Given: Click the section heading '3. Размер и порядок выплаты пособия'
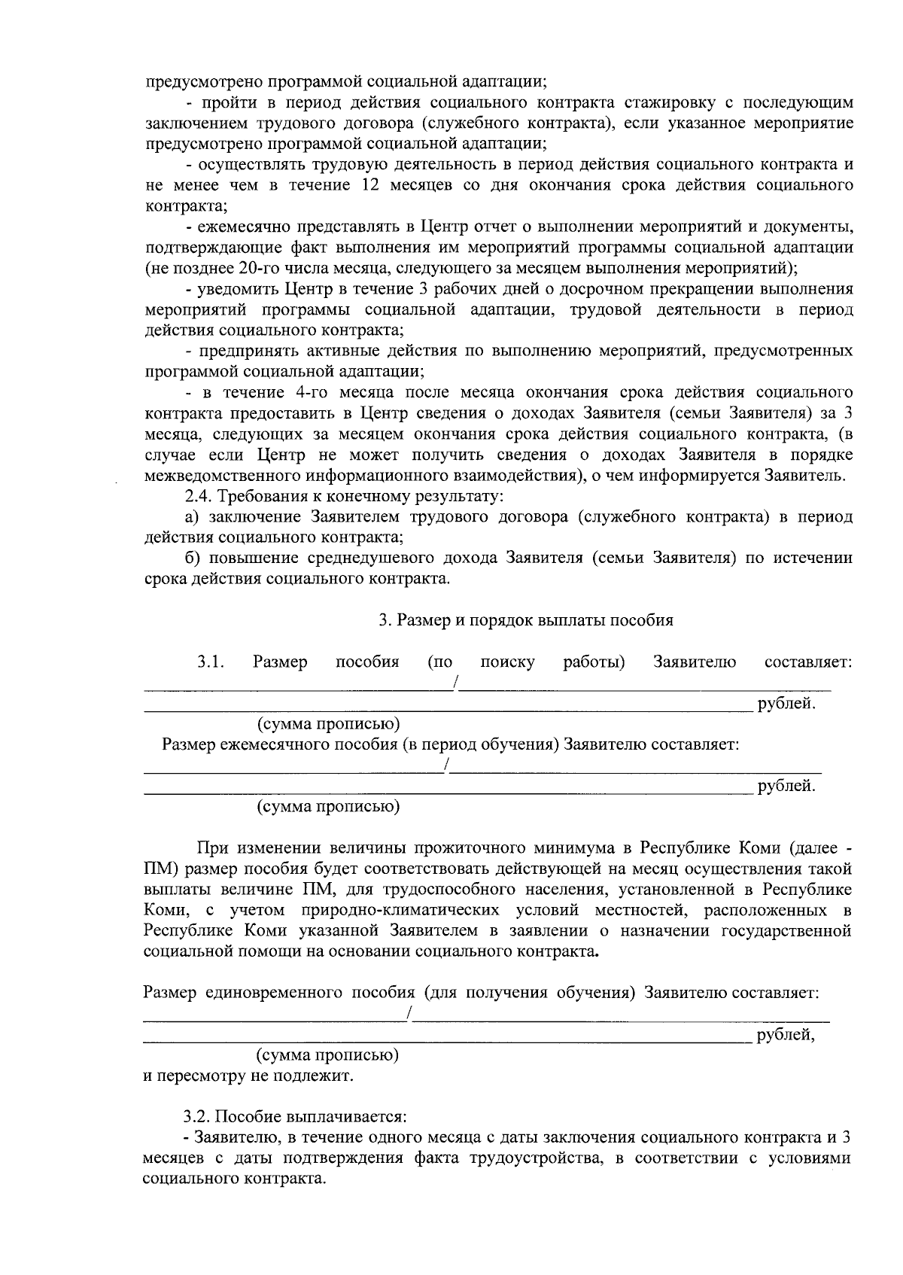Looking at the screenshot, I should click(x=525, y=620).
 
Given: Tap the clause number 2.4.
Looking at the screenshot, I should click(x=199, y=497).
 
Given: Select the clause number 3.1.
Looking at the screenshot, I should click(x=211, y=662).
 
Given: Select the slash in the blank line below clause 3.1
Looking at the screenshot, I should click(x=455, y=683).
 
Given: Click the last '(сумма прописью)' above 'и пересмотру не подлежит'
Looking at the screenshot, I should click(x=328, y=1055).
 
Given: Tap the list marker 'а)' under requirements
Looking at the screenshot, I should click(x=194, y=517).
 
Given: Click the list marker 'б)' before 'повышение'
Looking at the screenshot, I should click(x=194, y=558).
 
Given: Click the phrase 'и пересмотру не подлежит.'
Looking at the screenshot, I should click(x=248, y=1076).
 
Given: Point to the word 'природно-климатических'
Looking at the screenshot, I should click(x=390, y=910).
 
